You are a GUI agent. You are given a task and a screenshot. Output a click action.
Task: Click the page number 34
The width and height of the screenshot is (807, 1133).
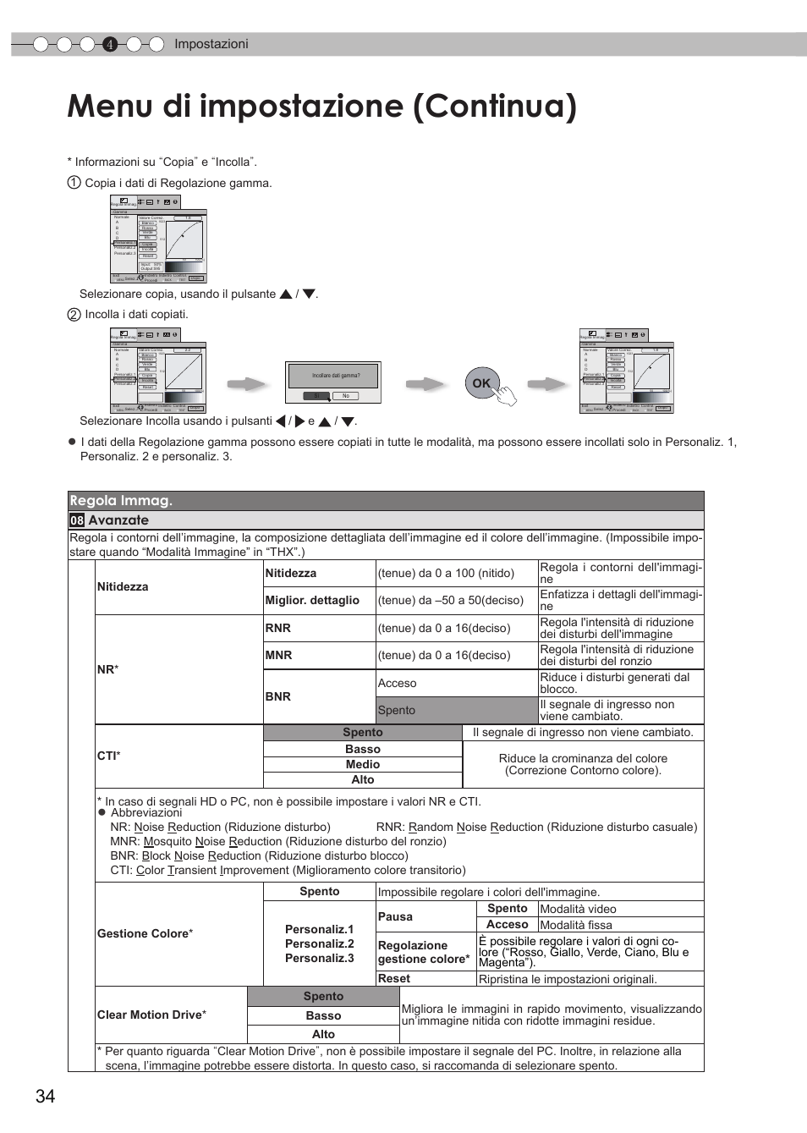pos(45,1096)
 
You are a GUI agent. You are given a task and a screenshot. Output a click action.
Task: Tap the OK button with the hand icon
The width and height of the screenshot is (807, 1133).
pos(482,383)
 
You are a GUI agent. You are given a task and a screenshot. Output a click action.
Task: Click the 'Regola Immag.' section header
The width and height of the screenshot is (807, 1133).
pos(121,501)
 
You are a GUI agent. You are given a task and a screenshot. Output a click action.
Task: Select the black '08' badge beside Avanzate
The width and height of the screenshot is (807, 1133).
pos(77,520)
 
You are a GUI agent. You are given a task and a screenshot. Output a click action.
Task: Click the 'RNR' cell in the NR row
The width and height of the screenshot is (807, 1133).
pos(278,628)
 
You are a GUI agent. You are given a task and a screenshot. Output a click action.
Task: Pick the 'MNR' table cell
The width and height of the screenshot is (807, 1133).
pos(278,655)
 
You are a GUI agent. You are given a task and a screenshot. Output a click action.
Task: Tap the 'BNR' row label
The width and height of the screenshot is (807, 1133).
pos(278,696)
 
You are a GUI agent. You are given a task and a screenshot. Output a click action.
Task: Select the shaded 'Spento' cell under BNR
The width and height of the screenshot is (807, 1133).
pos(457,710)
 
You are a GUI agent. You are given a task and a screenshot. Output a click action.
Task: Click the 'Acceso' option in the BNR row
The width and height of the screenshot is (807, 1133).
pos(457,683)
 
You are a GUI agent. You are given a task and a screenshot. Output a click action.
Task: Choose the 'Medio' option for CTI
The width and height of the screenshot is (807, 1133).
pos(363,764)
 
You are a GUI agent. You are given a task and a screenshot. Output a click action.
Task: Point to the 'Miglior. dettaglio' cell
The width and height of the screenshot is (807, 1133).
pos(312,600)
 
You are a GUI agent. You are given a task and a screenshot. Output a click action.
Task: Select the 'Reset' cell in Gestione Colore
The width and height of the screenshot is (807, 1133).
pos(394,978)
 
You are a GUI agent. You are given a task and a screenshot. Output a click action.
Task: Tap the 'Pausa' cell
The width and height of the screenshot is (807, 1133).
pos(396,916)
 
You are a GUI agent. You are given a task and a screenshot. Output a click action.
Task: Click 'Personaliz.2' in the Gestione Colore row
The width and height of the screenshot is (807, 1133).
pos(320,943)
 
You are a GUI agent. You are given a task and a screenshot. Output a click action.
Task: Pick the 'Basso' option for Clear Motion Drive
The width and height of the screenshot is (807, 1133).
pos(323,1015)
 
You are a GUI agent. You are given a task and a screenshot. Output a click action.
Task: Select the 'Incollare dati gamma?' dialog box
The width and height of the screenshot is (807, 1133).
pos(336,383)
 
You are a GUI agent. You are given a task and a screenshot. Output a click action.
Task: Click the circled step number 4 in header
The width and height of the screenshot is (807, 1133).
pos(109,45)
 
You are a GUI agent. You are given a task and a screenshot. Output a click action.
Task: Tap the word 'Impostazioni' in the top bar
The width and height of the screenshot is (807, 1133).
pos(211,44)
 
